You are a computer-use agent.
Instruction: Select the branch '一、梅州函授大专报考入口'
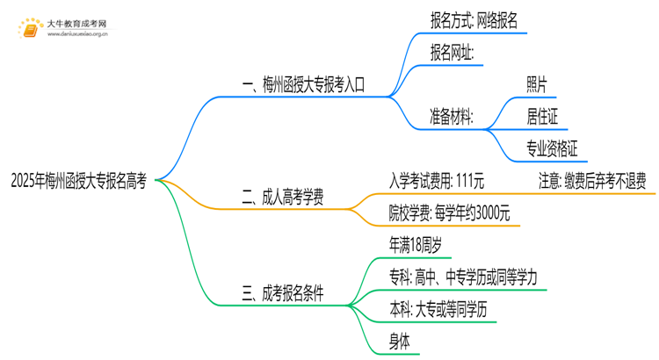pos(303,85)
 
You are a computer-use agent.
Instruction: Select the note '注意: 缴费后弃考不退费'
pos(592,181)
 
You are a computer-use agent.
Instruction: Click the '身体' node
pos(401,341)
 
